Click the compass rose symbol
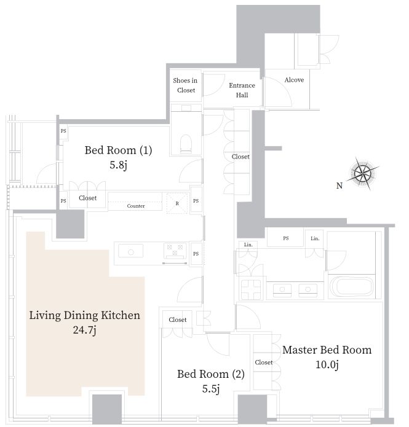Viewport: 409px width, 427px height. pyautogui.click(x=363, y=173)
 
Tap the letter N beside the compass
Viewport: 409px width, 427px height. pyautogui.click(x=340, y=186)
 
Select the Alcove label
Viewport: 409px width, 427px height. pyautogui.click(x=294, y=80)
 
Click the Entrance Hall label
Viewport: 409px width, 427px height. pyautogui.click(x=242, y=90)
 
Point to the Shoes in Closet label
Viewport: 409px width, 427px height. pyautogui.click(x=185, y=85)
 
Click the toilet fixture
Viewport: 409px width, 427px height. pyautogui.click(x=186, y=144)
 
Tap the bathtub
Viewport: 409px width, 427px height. pyautogui.click(x=352, y=287)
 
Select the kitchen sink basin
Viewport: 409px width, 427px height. pyautogui.click(x=131, y=251)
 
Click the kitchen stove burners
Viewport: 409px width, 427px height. pyautogui.click(x=175, y=251)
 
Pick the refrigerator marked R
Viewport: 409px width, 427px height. pyautogui.click(x=177, y=203)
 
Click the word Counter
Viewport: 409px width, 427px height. pyautogui.click(x=136, y=206)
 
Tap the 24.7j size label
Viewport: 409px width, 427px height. pyautogui.click(x=84, y=330)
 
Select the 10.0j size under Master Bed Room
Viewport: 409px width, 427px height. pyautogui.click(x=327, y=364)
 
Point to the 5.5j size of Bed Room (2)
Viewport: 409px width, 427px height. pyautogui.click(x=211, y=389)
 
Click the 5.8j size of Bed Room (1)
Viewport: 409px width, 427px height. pyautogui.click(x=118, y=165)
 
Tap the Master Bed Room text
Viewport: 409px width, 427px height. pyautogui.click(x=327, y=350)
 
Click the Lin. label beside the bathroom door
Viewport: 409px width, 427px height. pyautogui.click(x=315, y=238)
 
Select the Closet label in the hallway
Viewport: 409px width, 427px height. pyautogui.click(x=240, y=157)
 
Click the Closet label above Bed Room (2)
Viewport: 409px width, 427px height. pyautogui.click(x=178, y=319)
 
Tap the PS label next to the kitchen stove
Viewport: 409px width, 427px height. pyautogui.click(x=196, y=254)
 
